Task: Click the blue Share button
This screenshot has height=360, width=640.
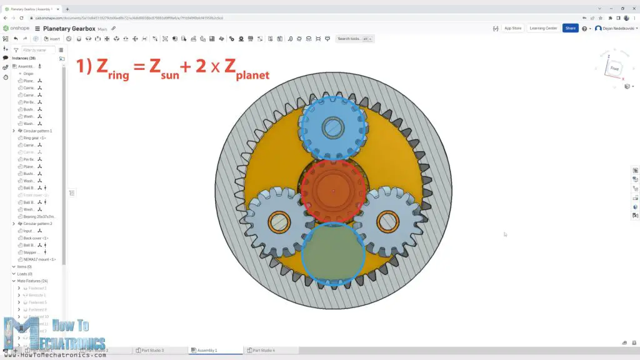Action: point(570,28)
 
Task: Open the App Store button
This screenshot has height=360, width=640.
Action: point(512,28)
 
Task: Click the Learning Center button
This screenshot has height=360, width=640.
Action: point(543,28)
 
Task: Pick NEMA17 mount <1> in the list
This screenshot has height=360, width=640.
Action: point(39,259)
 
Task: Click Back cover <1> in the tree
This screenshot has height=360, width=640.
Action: point(36,238)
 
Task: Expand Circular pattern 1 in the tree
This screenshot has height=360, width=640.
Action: point(14,131)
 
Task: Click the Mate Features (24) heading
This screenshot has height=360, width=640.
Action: point(32,281)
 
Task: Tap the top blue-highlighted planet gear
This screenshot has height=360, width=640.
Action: point(332,128)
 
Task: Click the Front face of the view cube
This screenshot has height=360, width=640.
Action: point(614,69)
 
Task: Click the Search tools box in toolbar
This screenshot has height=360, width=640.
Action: point(350,39)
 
